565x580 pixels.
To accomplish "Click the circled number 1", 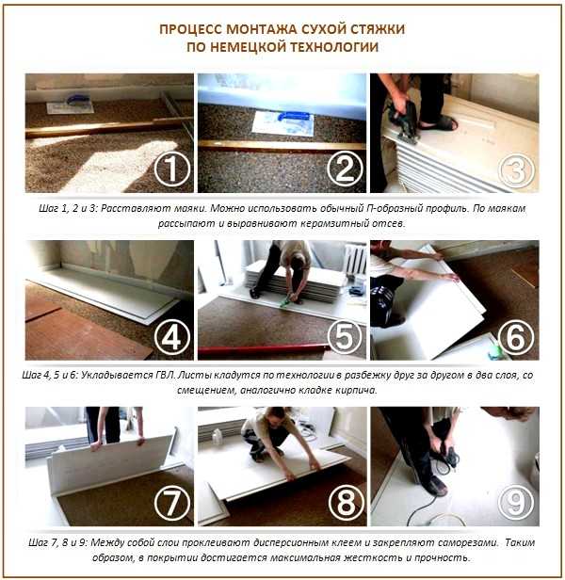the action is coord(172,169).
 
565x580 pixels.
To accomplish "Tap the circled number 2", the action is coord(345,169).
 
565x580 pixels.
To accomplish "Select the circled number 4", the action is coord(172,337).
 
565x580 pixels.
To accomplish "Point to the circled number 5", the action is coord(345,337).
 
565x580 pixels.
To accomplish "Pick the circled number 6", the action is coord(517,337).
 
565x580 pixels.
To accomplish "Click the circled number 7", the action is coord(172,503).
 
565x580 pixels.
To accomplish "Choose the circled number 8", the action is coord(346,503).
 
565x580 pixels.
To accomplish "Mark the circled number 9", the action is coord(516,503).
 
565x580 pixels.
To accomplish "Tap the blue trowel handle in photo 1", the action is coord(77,100).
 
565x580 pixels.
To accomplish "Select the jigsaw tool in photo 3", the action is coord(402,119).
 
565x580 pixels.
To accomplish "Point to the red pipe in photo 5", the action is coord(262,349).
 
